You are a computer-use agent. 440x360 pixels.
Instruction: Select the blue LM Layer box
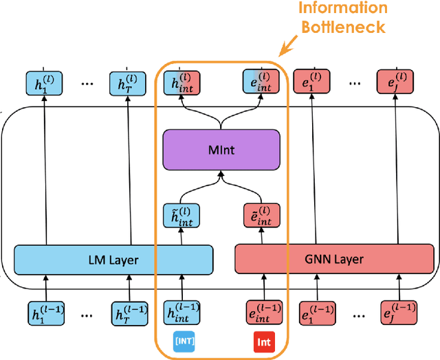point(113,260)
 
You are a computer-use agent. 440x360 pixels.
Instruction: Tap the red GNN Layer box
point(335,260)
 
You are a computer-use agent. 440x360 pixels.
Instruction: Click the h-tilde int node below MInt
point(182,215)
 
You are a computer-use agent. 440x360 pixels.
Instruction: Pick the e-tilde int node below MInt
point(261,215)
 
